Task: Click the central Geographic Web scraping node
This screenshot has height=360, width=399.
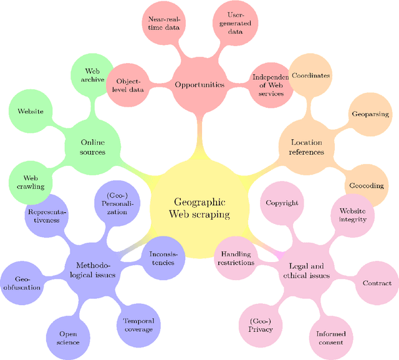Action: coord(199,208)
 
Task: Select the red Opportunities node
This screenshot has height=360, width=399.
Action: coord(199,84)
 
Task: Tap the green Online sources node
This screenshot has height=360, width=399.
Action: coord(92,147)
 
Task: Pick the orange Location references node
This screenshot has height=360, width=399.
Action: coord(307,147)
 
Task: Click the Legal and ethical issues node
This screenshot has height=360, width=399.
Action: coord(306,270)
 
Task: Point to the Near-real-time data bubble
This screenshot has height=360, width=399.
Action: coord(165,24)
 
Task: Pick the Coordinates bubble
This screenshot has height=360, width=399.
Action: coord(311,75)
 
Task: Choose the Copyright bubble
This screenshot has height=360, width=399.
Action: coord(282,203)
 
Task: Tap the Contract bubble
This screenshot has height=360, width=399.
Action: coord(377,283)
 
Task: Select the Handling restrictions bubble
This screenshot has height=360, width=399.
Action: coord(237,258)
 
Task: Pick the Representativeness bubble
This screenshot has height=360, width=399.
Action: coord(47,215)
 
